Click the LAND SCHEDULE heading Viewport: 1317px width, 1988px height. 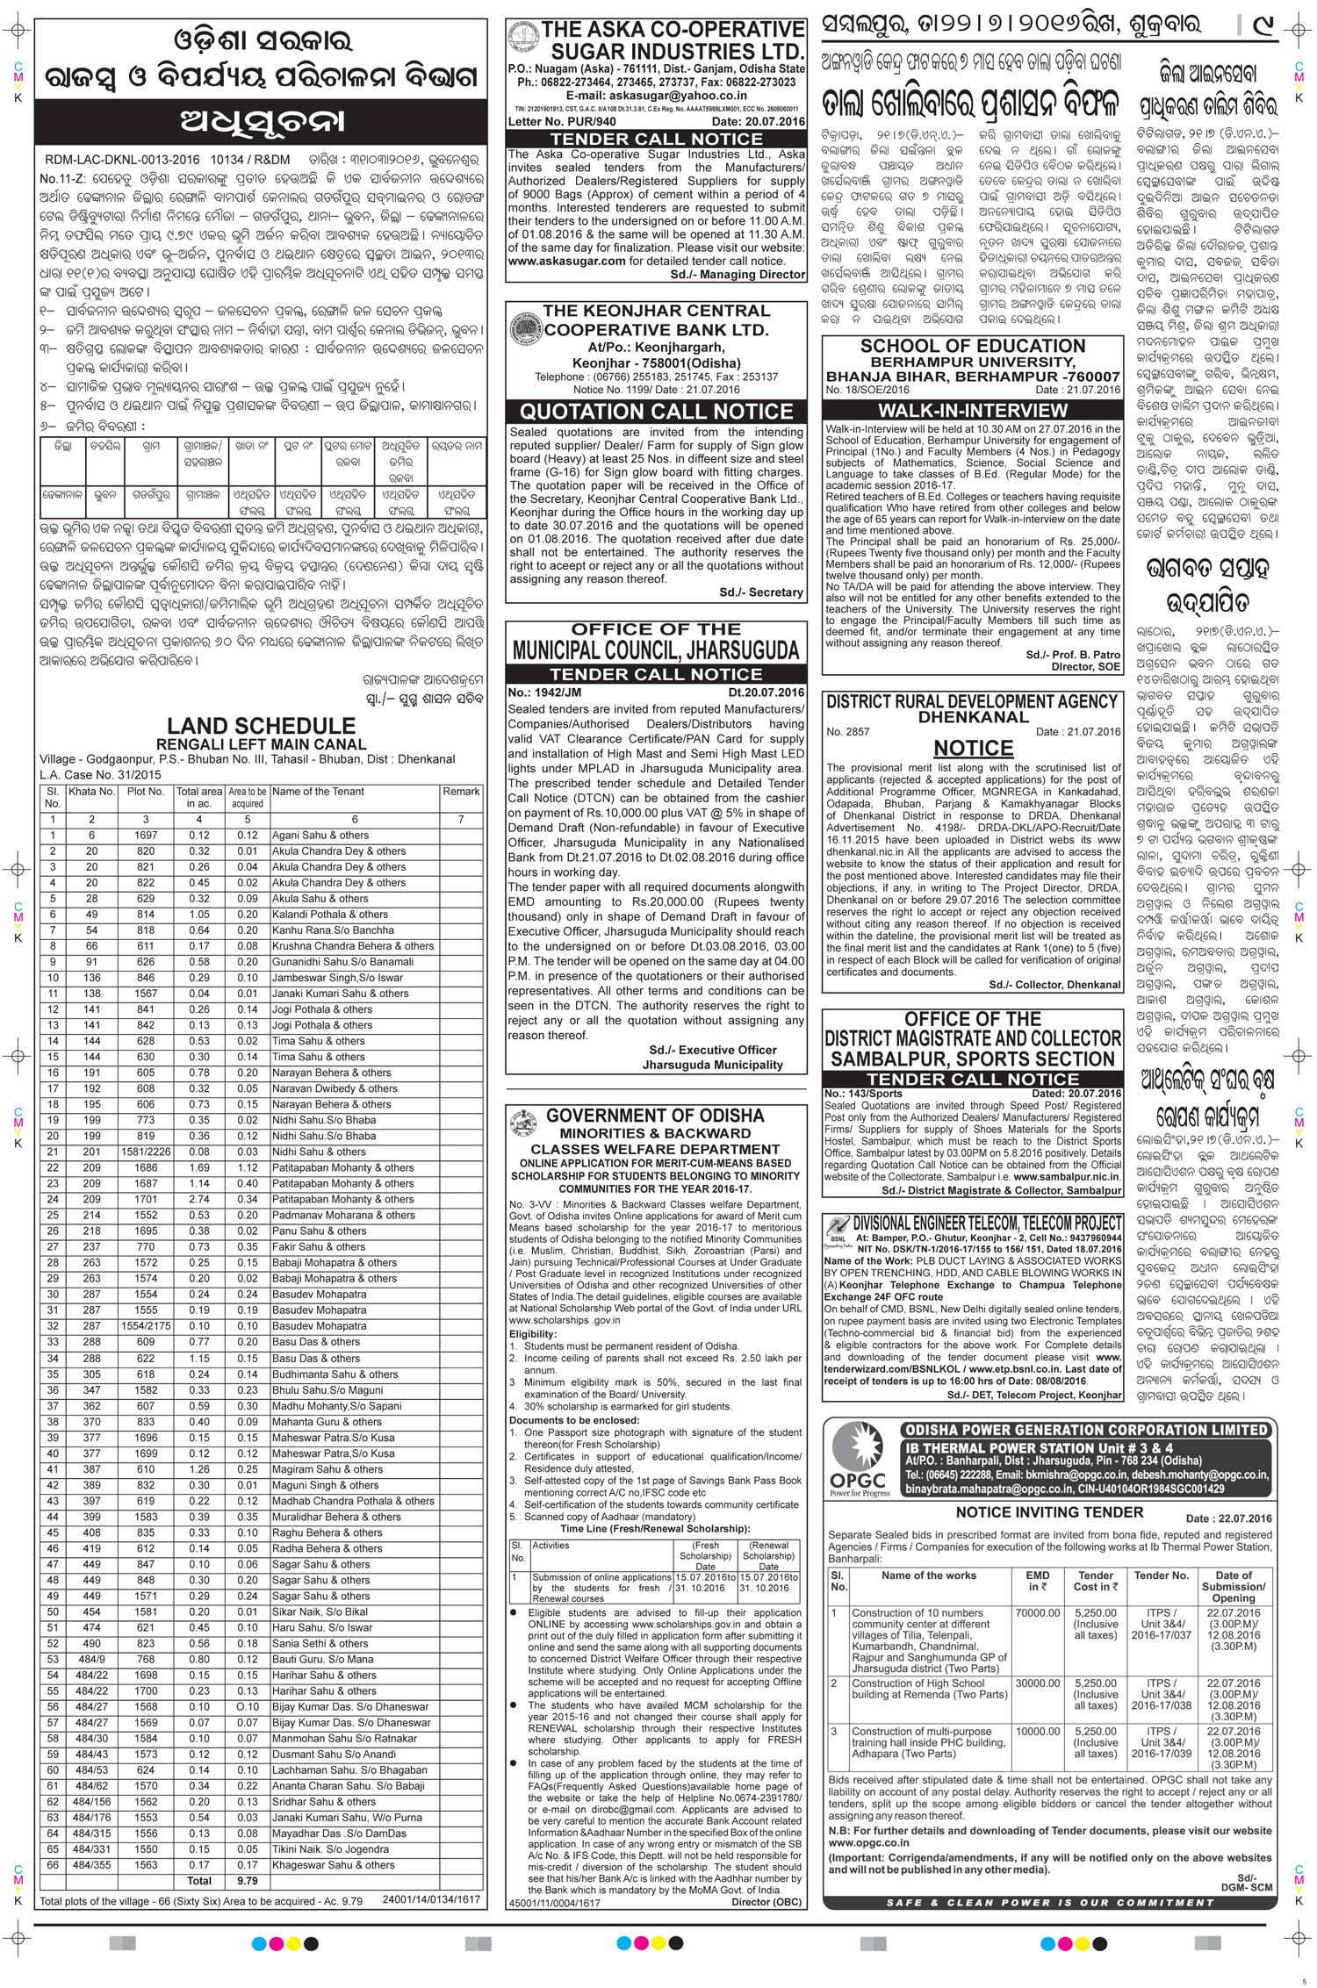pos(261,727)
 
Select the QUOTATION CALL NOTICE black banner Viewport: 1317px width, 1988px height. pos(656,412)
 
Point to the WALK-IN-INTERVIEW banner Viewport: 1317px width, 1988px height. pos(973,410)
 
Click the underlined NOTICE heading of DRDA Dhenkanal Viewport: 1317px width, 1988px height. pos(973,748)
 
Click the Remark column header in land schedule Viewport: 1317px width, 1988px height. pos(461,792)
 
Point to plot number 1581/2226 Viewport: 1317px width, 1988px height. pos(145,1152)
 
